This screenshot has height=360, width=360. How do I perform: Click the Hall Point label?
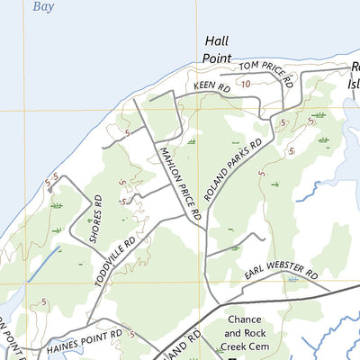tap(218, 49)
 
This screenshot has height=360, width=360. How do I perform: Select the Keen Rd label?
tap(212, 87)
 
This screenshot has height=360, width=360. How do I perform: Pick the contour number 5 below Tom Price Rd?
tap(283, 122)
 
